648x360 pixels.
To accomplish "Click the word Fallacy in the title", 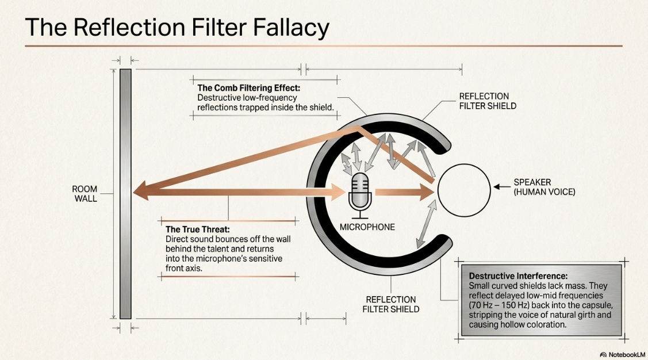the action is (290, 28).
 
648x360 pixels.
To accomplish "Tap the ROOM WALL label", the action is (85, 194).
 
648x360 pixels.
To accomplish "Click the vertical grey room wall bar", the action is (125, 194).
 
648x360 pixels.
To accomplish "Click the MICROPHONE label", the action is (367, 227).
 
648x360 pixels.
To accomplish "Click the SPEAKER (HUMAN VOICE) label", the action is (545, 187).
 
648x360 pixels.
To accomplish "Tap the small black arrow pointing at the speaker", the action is (502, 187).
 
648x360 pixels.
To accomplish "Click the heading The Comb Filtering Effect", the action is (249, 88).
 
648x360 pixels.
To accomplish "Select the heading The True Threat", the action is (198, 229).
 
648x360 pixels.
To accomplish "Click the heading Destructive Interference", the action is (518, 276).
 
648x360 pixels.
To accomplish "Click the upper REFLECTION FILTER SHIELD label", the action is (488, 101).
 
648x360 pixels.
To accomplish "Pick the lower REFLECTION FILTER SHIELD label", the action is (390, 304).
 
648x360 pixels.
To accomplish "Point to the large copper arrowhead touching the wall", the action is (141, 192).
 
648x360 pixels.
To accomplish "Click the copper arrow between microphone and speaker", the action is (405, 192).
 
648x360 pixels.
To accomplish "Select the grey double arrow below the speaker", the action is (426, 224).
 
